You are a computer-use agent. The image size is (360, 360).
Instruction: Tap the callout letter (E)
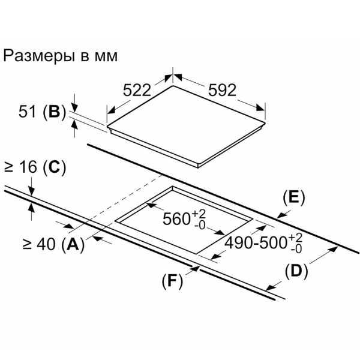(x=294, y=197)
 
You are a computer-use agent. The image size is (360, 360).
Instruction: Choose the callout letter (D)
(x=295, y=271)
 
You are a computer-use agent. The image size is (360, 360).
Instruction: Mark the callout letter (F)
(x=172, y=280)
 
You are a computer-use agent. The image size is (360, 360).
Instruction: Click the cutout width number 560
(x=177, y=220)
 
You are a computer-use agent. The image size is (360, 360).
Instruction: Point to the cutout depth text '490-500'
(x=256, y=243)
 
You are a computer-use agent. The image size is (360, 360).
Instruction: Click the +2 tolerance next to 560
(x=199, y=214)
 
